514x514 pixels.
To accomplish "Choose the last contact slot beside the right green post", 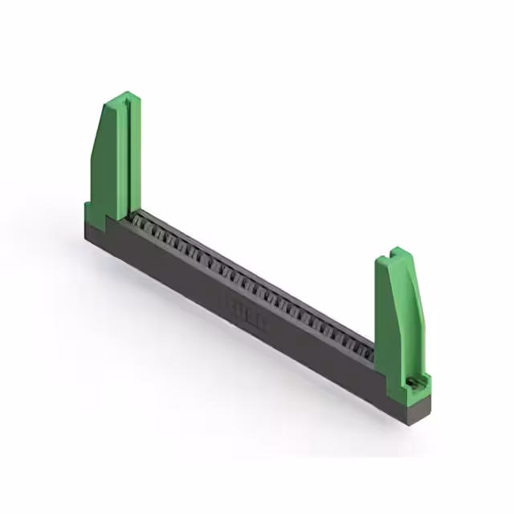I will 368,348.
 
